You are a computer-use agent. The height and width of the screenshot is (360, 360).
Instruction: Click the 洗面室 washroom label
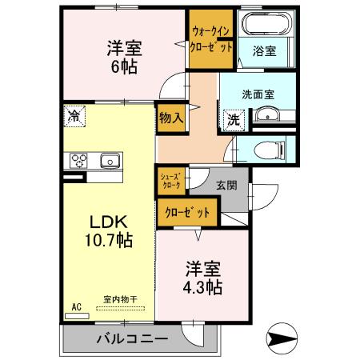(258, 94)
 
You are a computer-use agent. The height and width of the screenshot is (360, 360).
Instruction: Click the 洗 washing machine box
(233, 119)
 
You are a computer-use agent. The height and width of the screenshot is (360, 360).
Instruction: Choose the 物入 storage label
(171, 117)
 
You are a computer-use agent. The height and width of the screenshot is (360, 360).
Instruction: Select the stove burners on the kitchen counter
(79, 161)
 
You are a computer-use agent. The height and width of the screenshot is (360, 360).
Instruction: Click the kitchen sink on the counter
(109, 162)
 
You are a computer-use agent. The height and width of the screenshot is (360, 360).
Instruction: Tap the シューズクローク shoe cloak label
(170, 181)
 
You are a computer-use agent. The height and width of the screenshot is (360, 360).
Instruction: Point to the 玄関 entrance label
(226, 185)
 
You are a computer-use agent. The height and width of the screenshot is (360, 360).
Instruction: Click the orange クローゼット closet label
(189, 213)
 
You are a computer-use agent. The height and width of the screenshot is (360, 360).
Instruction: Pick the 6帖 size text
(123, 67)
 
